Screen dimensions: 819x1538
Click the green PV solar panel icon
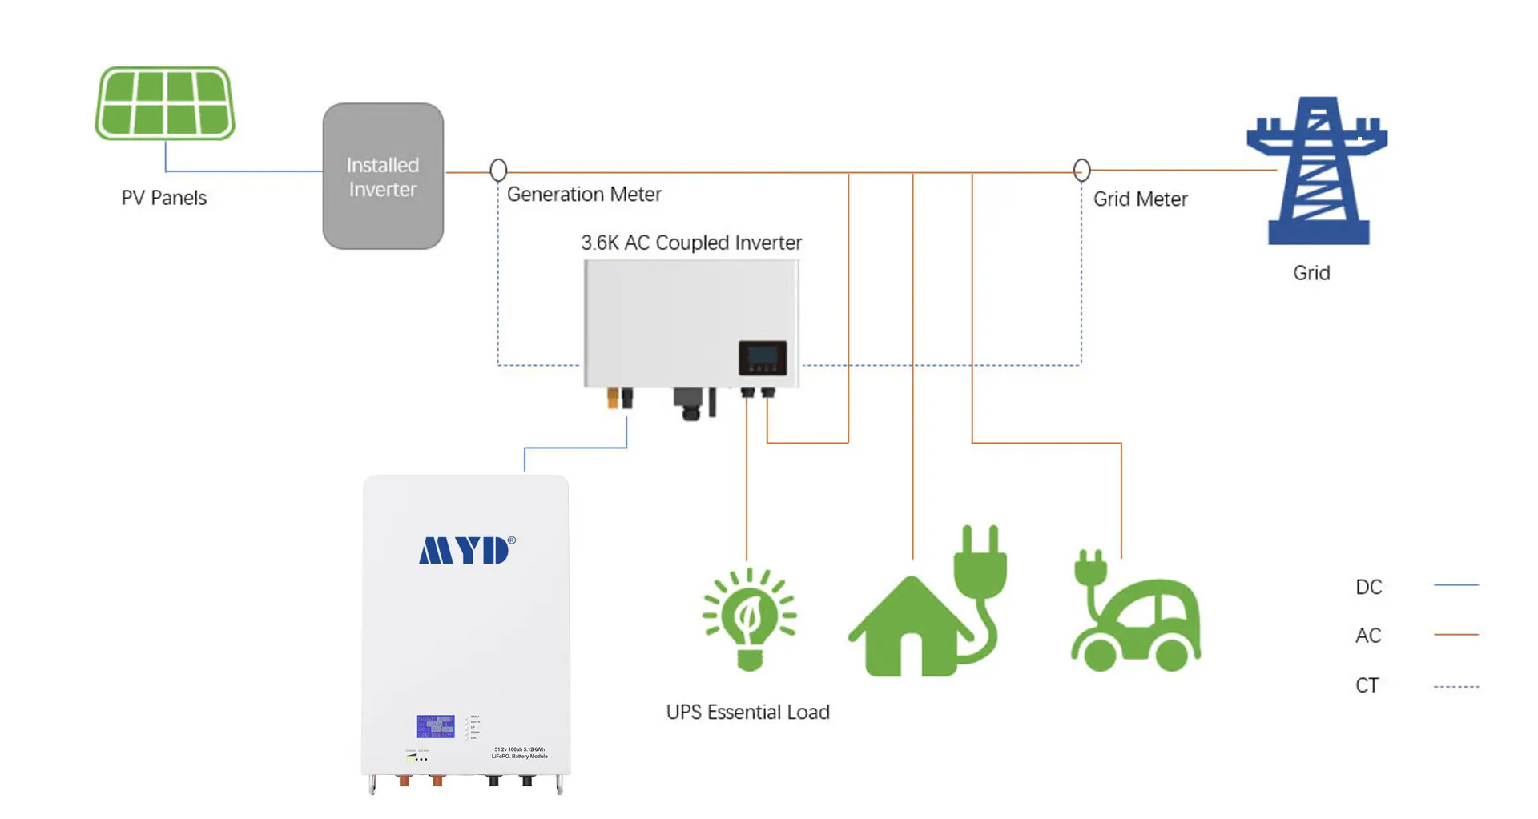[x=165, y=103]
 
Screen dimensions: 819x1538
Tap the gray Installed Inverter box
[x=383, y=176]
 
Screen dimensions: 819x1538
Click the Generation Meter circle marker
[x=498, y=170]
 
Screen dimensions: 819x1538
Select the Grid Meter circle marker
[x=1081, y=170]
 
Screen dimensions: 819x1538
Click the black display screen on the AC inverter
[x=762, y=357]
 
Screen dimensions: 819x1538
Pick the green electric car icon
[x=1136, y=616]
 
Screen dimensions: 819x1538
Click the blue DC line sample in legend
[x=1455, y=585]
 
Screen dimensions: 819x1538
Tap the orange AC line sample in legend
[x=1455, y=634]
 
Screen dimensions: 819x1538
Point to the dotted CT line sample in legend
[x=1455, y=686]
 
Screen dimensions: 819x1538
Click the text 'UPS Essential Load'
[x=747, y=712]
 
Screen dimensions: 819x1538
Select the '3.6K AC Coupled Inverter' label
[x=690, y=243]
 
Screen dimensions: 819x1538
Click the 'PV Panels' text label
[x=163, y=198]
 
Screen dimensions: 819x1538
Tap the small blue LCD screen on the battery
[x=435, y=726]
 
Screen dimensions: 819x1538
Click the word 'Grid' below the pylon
[x=1311, y=273]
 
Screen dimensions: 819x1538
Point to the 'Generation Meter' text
[x=584, y=195]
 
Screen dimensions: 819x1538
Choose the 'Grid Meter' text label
[x=1140, y=199]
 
